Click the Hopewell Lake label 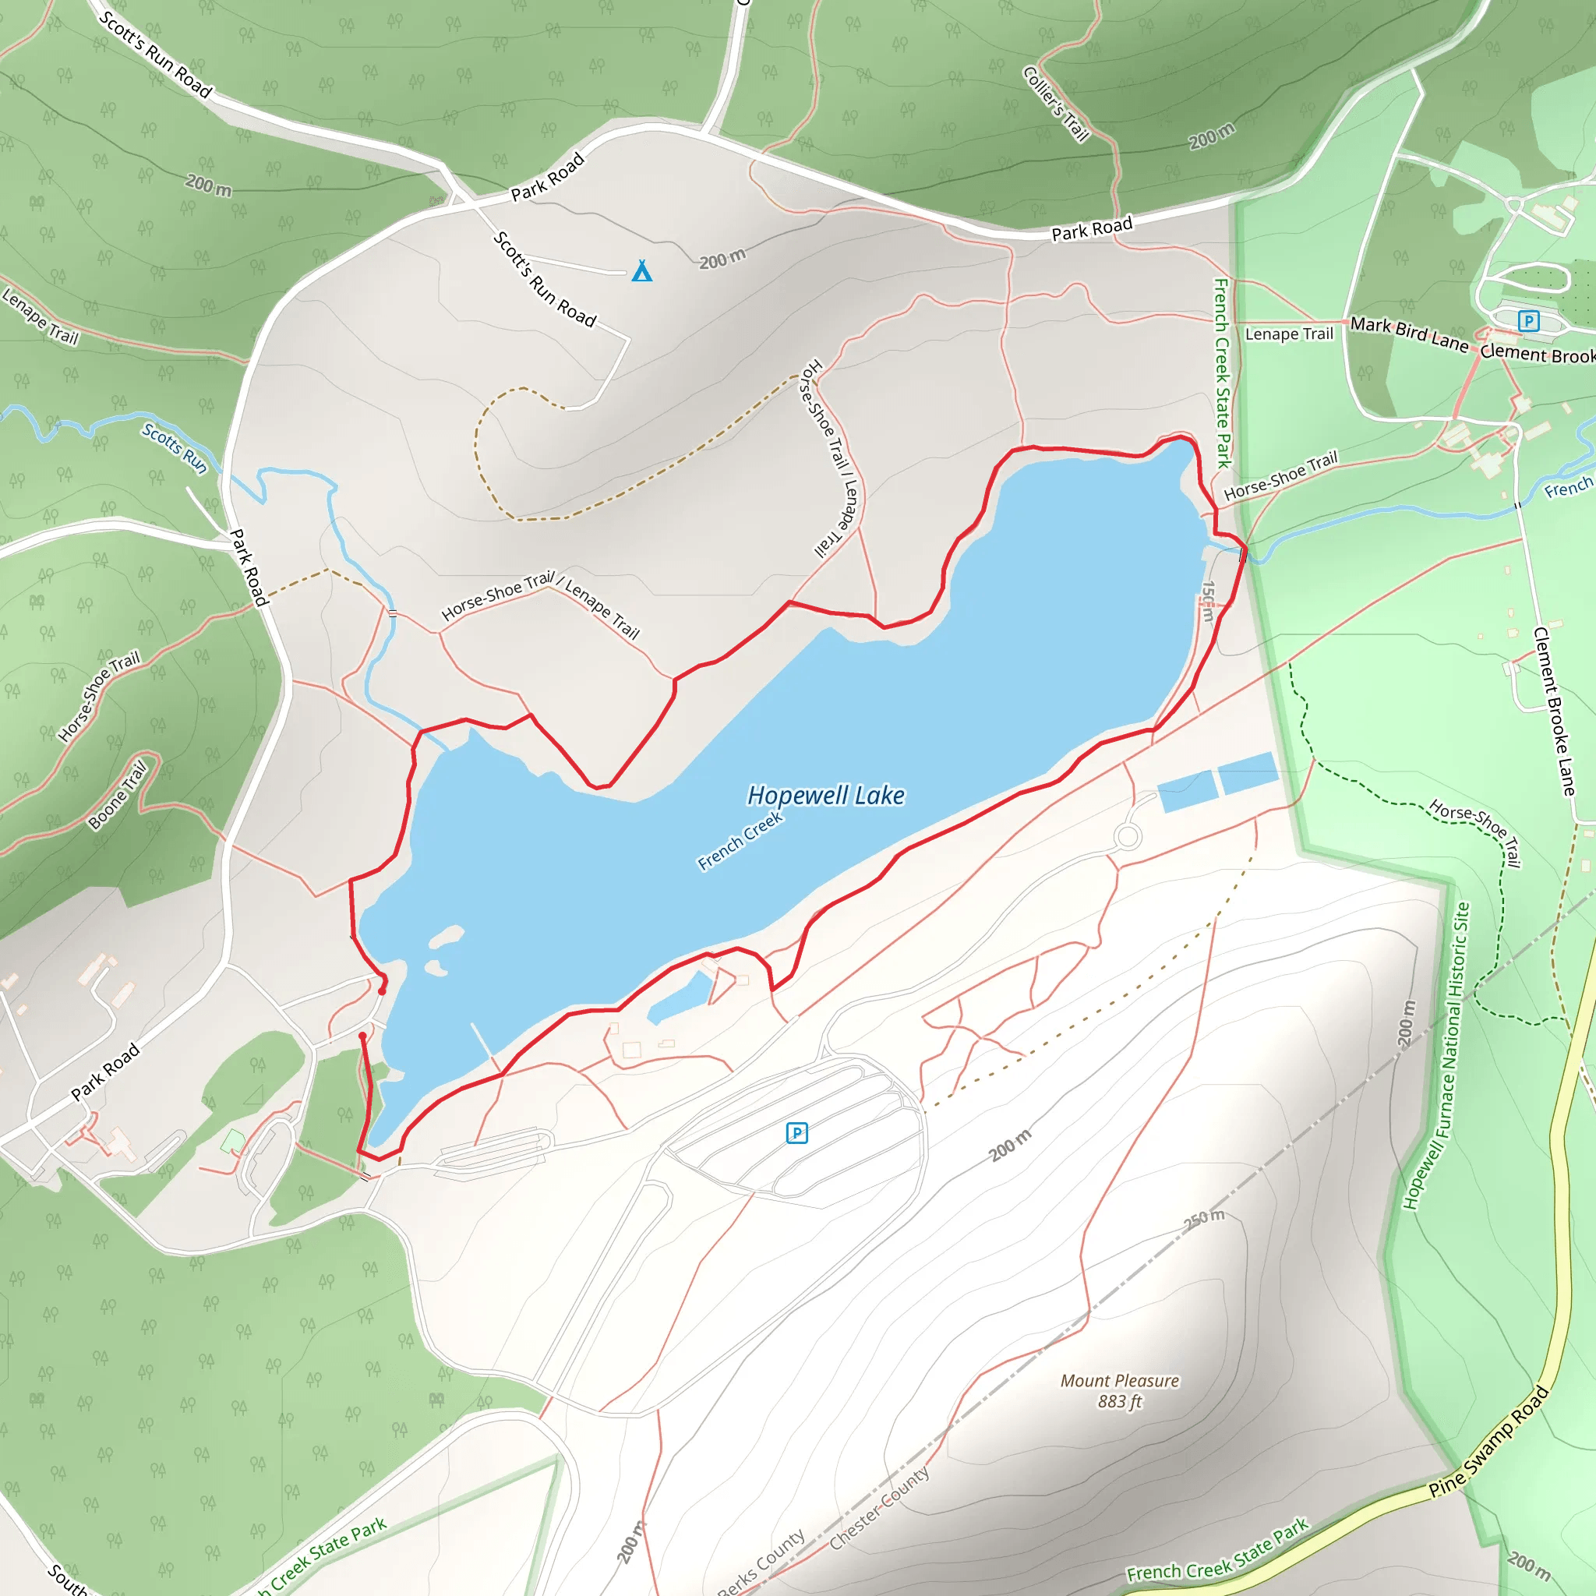(825, 796)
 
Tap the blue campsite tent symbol (642, 271)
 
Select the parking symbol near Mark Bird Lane (1528, 320)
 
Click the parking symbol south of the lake (796, 1132)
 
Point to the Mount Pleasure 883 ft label (1119, 1391)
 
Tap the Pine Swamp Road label (1488, 1442)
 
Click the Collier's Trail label (1057, 104)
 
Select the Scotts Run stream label (175, 448)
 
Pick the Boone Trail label (118, 794)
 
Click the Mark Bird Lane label (1409, 333)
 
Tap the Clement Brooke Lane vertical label (1555, 711)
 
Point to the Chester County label (879, 1508)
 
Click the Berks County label (761, 1563)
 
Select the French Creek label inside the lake (740, 840)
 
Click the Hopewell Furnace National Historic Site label (1436, 1057)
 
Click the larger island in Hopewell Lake (446, 937)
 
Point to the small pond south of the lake (680, 998)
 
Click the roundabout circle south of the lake (1127, 837)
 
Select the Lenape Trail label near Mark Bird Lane (1289, 334)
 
